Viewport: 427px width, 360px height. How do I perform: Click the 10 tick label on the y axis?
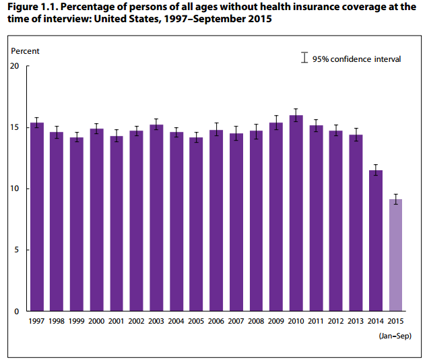tap(15, 188)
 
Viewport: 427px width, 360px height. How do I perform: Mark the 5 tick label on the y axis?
tap(18, 250)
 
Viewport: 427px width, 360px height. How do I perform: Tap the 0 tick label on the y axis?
tap(18, 311)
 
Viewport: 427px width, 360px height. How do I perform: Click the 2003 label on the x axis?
tap(156, 322)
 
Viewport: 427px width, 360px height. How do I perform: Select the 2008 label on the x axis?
tap(256, 322)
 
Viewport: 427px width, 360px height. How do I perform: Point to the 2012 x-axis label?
tap(336, 322)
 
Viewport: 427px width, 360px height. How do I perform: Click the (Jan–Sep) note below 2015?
tap(395, 335)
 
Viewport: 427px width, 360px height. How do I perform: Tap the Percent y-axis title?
tap(26, 51)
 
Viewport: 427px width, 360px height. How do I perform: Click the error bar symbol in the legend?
tap(304, 59)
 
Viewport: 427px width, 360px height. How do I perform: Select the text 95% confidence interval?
tap(356, 59)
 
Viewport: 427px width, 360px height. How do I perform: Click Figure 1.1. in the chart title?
tap(34, 7)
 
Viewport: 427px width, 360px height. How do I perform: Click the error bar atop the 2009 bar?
tap(276, 122)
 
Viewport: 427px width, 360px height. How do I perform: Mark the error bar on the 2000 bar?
tap(97, 129)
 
